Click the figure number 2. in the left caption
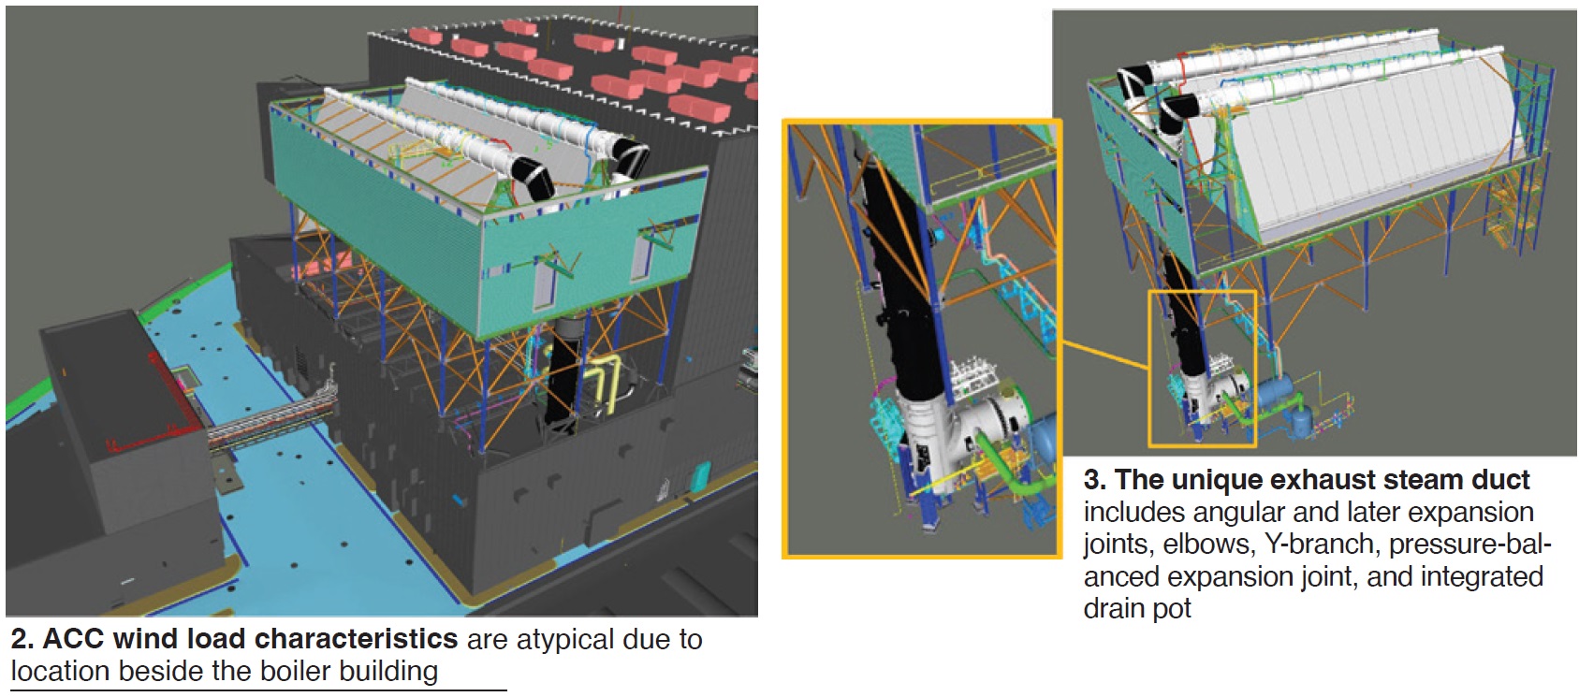pyautogui.click(x=23, y=640)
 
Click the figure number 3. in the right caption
pyautogui.click(x=1095, y=481)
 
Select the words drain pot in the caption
pyautogui.click(x=1137, y=609)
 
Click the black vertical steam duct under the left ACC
pyautogui.click(x=563, y=374)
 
